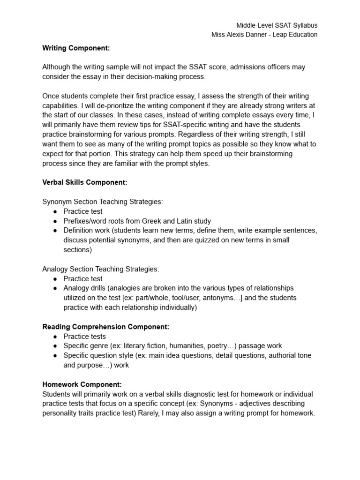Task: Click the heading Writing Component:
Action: (x=75, y=47)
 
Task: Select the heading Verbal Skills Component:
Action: (x=84, y=182)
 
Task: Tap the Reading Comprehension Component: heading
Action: (x=105, y=326)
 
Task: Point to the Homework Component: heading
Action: (x=82, y=384)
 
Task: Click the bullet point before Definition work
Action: (x=55, y=231)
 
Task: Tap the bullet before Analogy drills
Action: (x=55, y=288)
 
